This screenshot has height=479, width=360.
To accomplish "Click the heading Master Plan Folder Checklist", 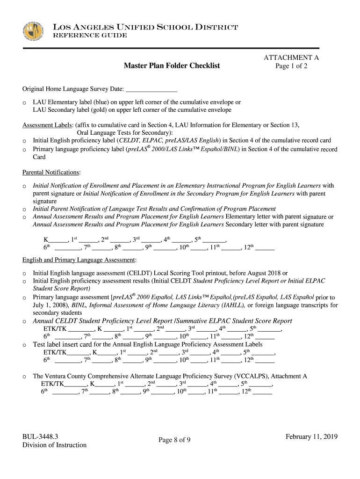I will pyautogui.click(x=172, y=66).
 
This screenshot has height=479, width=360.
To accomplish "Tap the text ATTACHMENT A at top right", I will pyautogui.click(x=291, y=58).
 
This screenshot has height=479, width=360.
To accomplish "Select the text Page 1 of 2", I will pyautogui.click(x=291, y=66).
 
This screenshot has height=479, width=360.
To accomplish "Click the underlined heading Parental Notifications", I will pyautogui.click(x=51, y=173).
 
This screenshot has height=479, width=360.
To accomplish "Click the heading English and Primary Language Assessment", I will pyautogui.click(x=79, y=260).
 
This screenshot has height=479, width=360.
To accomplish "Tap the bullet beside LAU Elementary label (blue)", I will pyautogui.click(x=24, y=102).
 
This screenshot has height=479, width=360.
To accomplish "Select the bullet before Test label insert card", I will pyautogui.click(x=24, y=345).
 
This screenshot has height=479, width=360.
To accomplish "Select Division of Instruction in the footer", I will pyautogui.click(x=54, y=445).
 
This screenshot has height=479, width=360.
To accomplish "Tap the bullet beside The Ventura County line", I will pyautogui.click(x=24, y=377).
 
